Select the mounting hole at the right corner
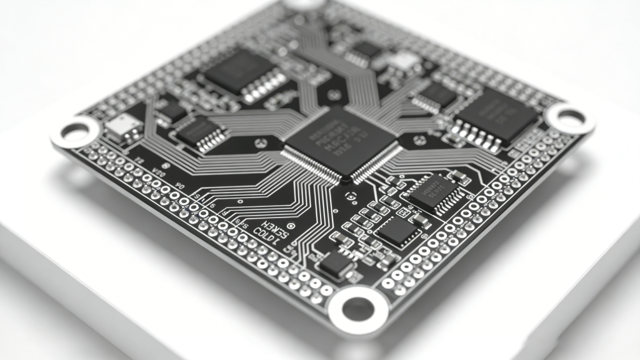coord(570,117)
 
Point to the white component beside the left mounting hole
coord(123,127)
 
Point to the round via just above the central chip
coord(335,95)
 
